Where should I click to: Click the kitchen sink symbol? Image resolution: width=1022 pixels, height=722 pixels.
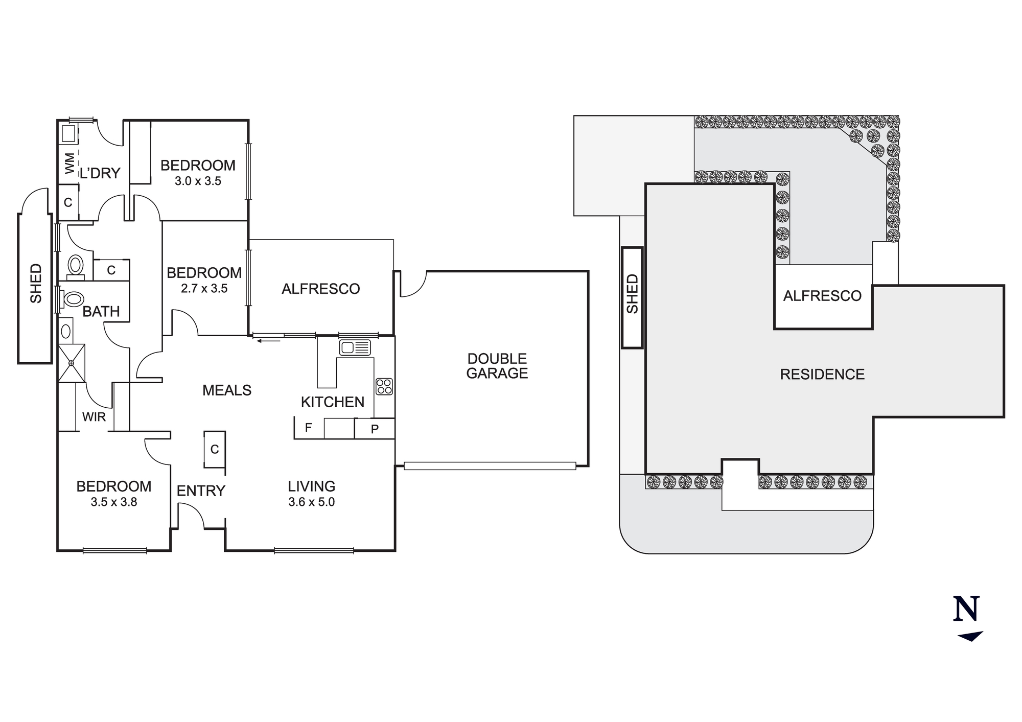coord(355,347)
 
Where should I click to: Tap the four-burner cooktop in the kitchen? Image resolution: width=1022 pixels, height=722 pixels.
coord(384,386)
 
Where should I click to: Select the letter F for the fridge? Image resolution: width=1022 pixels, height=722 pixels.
coord(308,428)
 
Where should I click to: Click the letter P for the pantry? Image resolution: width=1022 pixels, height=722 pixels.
coord(375,429)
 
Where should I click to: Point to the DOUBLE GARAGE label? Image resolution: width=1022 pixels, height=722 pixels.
coord(497,366)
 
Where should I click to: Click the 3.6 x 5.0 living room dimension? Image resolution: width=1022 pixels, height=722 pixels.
coord(311,502)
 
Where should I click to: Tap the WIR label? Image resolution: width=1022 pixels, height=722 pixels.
coord(94,417)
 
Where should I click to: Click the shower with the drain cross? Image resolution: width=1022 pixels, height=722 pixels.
coord(71,363)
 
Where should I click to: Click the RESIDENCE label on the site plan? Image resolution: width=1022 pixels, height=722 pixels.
coord(822,375)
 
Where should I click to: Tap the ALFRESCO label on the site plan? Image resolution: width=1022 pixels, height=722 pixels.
coord(822,296)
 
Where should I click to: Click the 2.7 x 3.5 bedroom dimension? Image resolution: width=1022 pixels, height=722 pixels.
coord(204,289)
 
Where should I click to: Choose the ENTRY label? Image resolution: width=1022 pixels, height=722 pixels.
coord(201,491)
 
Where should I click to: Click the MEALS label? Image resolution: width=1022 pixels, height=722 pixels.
coord(227,390)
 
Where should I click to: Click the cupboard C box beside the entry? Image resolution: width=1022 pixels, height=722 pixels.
coord(215,449)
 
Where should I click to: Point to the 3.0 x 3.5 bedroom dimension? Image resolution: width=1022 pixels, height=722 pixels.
coord(198,181)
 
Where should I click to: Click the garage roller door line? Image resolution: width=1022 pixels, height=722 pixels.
coord(490,465)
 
